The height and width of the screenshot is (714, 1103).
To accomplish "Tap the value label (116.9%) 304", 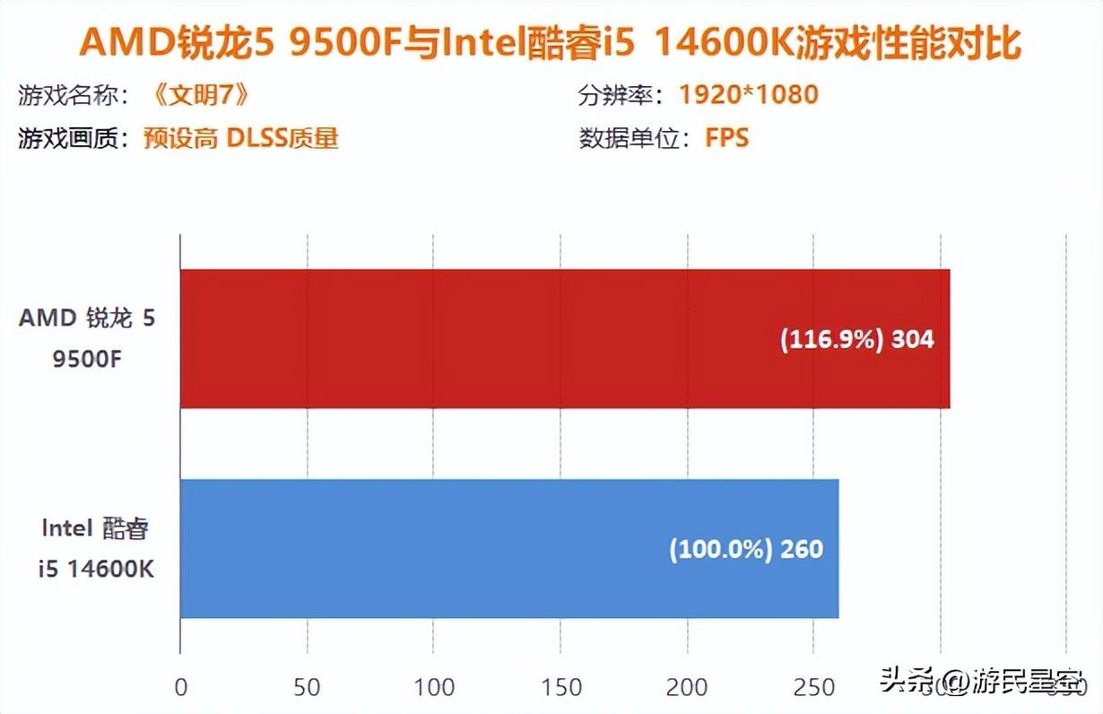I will point(856,340).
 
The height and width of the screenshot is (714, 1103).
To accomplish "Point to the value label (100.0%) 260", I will point(746,549).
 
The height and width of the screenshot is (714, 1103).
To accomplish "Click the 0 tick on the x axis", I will point(181,687).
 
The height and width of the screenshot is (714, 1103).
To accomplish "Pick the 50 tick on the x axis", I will point(308,687).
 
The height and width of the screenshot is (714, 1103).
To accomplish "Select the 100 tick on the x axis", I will point(434,687).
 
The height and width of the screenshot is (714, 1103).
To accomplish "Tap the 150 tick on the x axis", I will point(560,687).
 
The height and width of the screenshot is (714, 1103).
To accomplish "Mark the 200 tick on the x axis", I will point(687,687).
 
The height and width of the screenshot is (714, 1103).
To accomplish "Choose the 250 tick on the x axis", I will point(813,687).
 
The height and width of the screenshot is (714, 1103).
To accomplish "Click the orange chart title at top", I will point(551,42).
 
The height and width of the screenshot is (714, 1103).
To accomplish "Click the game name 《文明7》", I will point(195,94).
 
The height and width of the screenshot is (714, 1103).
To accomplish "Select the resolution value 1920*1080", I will point(748,94).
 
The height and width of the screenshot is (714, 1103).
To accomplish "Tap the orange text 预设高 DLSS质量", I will point(241,139).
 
